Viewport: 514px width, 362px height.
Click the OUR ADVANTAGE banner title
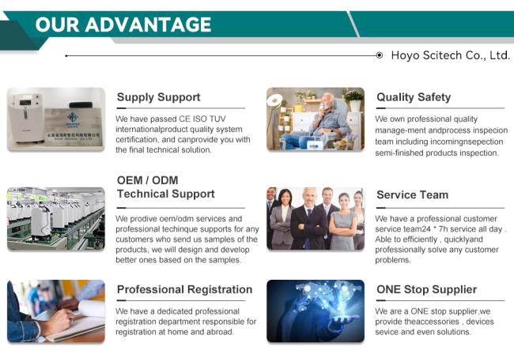[123, 25]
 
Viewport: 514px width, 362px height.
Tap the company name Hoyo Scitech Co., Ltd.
[451, 55]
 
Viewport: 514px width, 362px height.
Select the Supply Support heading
[159, 97]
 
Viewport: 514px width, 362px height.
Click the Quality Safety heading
[414, 97]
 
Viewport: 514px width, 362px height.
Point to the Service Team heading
[412, 195]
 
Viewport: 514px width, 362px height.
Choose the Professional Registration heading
[184, 289]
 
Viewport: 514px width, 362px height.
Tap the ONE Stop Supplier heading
[427, 289]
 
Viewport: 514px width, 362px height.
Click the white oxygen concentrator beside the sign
[26, 117]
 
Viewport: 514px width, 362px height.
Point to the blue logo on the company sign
[73, 118]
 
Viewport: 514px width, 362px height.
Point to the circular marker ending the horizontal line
[380, 55]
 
